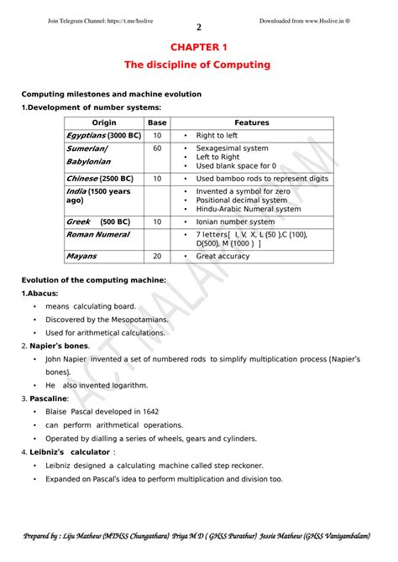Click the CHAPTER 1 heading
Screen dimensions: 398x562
point(198,47)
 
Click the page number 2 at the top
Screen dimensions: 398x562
point(199,27)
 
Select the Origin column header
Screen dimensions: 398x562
point(104,122)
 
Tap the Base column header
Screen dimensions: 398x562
point(157,122)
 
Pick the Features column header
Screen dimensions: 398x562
point(252,122)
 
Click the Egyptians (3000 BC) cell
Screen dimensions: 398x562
point(103,135)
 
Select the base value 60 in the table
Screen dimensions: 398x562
point(157,148)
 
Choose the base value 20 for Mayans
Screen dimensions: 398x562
point(157,256)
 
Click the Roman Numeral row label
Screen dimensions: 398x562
point(97,235)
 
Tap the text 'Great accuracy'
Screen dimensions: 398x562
point(223,256)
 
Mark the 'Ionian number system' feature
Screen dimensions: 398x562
point(234,222)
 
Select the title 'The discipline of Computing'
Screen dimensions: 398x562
point(198,65)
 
